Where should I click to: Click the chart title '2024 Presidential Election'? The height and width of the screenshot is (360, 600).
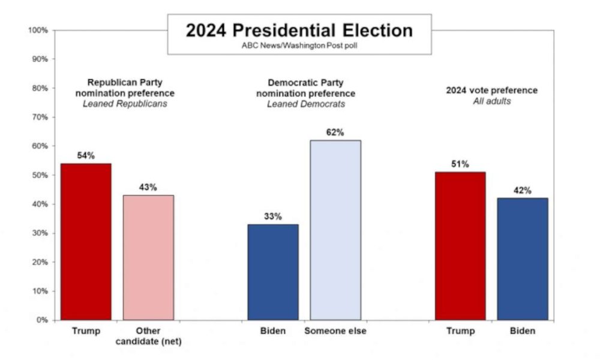point(299,31)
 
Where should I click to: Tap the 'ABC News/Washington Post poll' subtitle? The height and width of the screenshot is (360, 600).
point(299,46)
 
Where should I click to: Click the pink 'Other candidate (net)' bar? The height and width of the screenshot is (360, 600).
point(148,257)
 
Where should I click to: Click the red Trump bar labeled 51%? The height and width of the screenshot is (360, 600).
point(460,246)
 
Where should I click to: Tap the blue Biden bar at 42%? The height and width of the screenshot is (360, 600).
point(523,259)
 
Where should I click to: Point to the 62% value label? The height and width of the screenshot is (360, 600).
point(335,133)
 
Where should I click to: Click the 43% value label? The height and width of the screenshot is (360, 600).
point(148,187)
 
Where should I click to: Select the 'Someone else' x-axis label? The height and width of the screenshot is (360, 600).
point(335,331)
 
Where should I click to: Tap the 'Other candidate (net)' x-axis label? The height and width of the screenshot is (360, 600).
point(148,336)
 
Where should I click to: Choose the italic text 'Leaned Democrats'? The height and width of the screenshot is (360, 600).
point(305,104)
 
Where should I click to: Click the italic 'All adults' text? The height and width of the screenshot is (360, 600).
point(491,101)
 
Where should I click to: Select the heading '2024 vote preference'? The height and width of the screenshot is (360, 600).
point(491,91)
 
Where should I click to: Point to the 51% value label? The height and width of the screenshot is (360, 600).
point(460,164)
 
